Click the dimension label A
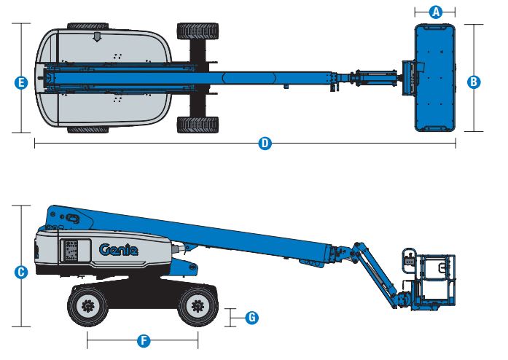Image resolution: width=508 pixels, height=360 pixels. [x=436, y=12]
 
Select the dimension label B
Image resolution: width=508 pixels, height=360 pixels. [x=474, y=82]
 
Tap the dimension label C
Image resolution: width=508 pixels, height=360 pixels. [x=21, y=272]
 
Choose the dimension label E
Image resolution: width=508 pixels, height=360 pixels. [x=21, y=83]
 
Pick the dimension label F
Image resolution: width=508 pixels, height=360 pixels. [x=144, y=340]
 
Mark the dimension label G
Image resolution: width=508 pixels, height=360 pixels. [x=251, y=318]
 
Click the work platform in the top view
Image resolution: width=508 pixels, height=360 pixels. [x=435, y=77]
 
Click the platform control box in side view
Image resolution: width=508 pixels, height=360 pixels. [x=409, y=262]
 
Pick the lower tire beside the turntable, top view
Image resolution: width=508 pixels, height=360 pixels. [x=198, y=125]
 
